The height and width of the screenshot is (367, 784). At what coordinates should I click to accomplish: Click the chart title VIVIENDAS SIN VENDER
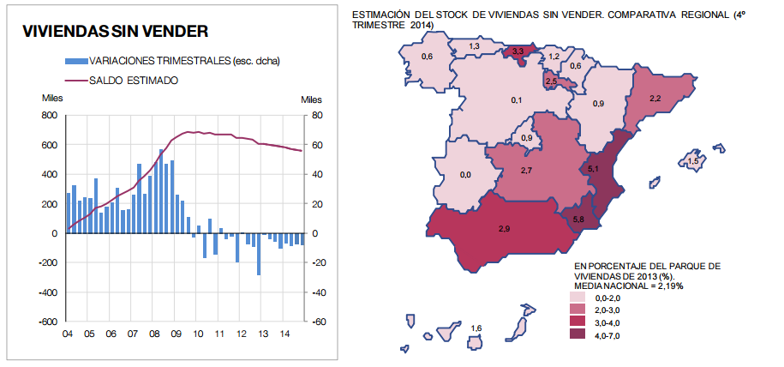click(x=116, y=32)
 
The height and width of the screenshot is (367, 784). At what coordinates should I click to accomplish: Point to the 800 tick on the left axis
click(x=49, y=115)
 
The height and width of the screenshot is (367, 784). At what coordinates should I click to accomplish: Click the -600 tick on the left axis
click(x=47, y=322)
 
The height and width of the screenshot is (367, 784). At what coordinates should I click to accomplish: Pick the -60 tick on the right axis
click(x=316, y=322)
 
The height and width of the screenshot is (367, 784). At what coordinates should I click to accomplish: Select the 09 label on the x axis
click(x=177, y=334)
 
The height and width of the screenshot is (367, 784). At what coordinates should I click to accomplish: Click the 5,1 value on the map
click(x=593, y=170)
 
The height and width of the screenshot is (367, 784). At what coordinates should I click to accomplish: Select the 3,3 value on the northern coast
click(x=518, y=52)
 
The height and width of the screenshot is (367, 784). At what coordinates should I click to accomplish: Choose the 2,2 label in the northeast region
click(x=655, y=99)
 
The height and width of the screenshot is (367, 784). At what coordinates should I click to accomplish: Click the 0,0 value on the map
click(x=465, y=175)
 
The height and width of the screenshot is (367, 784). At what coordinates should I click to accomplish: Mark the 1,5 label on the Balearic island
click(x=693, y=160)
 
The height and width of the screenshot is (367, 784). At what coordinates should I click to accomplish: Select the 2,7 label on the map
click(x=527, y=171)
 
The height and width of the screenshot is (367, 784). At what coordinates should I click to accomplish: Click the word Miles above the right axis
click(x=312, y=99)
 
